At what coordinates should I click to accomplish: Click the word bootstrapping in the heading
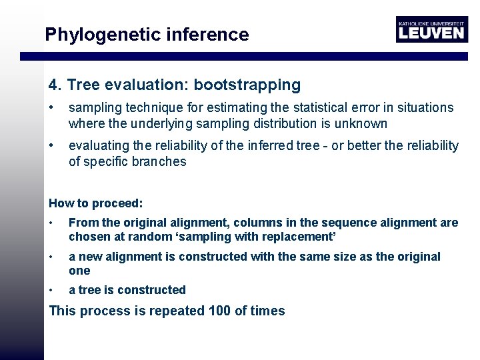(247, 85)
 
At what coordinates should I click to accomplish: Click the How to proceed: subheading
(96, 203)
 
